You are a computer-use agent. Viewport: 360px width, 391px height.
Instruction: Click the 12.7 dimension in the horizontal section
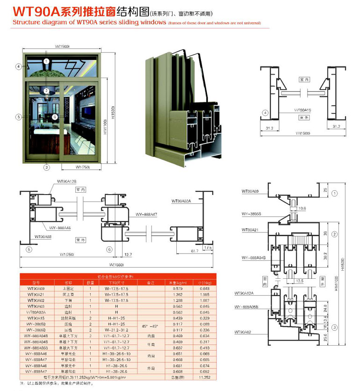pyautogui.click(x=128, y=254)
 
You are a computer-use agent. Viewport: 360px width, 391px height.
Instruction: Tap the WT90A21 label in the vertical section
pyautogui.click(x=251, y=230)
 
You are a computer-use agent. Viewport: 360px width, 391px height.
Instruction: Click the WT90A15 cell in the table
pyautogui.click(x=36, y=318)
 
